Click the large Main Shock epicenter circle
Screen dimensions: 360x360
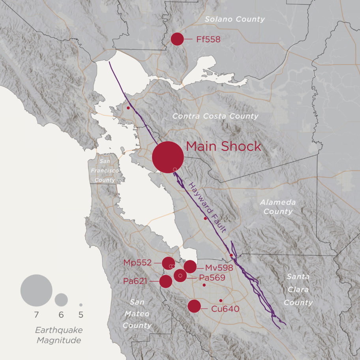[168, 157]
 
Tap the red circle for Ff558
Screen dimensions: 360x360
[177, 39]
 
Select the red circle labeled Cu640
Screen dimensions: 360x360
[194, 306]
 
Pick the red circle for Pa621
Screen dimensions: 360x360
[166, 281]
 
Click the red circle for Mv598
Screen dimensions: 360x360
[190, 267]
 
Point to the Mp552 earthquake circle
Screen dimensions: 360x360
[169, 263]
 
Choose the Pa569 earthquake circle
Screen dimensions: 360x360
[180, 276]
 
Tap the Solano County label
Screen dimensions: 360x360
[234, 19]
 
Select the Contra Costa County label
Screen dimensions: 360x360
[216, 116]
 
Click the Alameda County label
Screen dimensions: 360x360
[277, 207]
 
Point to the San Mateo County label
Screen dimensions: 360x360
[137, 314]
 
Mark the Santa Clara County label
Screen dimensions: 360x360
[298, 290]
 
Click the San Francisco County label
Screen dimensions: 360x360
[105, 171]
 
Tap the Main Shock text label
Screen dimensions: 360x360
[223, 146]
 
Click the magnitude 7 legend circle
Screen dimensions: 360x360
[36, 291]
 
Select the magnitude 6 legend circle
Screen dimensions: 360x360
[61, 300]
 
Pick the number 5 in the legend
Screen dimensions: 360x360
[81, 315]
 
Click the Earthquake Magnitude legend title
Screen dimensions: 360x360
[58, 335]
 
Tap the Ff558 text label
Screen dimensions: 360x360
[208, 39]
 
